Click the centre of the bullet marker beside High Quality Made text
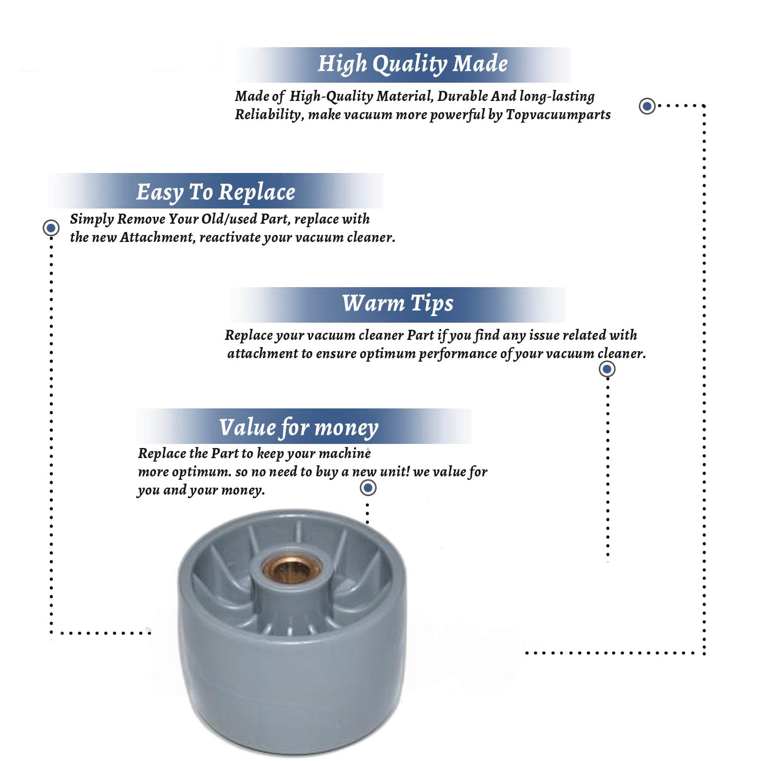[x=647, y=106]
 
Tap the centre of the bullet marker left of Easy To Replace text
[x=51, y=228]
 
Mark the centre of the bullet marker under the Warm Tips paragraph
[x=607, y=369]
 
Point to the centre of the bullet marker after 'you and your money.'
[x=368, y=488]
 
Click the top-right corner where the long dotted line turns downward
[x=704, y=106]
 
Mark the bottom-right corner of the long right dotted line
[x=704, y=653]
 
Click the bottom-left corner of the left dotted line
[x=51, y=633]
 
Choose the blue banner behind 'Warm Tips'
[x=398, y=304]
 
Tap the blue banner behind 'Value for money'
[x=303, y=426]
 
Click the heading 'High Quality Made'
[x=413, y=64]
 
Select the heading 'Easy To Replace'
[x=216, y=192]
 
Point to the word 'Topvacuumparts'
[x=558, y=115]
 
